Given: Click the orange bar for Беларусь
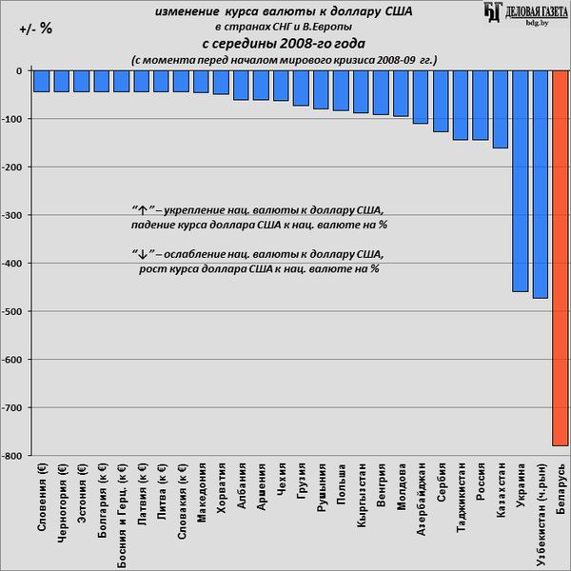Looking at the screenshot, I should [x=560, y=257].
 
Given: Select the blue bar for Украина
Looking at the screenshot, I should [x=520, y=181].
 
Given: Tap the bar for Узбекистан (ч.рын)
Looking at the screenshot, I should [x=540, y=185].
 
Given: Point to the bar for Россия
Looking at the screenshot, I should [x=481, y=105].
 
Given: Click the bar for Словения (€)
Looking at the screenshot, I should [x=41, y=81].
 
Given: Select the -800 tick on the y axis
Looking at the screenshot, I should [x=13, y=456].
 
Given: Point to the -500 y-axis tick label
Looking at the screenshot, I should [x=13, y=311].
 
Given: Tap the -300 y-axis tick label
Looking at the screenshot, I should [x=13, y=215].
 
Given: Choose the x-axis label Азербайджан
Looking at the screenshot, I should [x=421, y=496].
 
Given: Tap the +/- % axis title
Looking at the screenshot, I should [x=35, y=29].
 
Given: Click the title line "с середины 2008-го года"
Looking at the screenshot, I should [x=284, y=44].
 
